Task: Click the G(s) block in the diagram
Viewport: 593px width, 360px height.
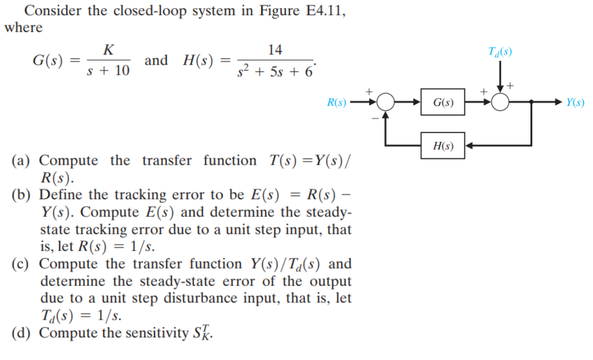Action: [443, 103]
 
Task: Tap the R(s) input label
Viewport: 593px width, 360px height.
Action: [336, 103]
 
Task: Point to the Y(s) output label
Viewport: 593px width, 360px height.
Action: [575, 103]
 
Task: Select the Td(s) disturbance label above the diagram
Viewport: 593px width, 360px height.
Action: [500, 53]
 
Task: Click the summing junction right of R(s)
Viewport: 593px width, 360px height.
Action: [386, 102]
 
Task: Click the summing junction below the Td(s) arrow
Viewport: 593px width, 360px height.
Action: [500, 102]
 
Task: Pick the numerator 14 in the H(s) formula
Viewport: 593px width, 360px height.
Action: [275, 51]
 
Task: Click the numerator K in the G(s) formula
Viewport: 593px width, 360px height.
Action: [108, 51]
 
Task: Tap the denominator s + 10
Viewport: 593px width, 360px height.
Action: [108, 71]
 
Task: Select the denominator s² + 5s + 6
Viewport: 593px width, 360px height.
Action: [275, 72]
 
